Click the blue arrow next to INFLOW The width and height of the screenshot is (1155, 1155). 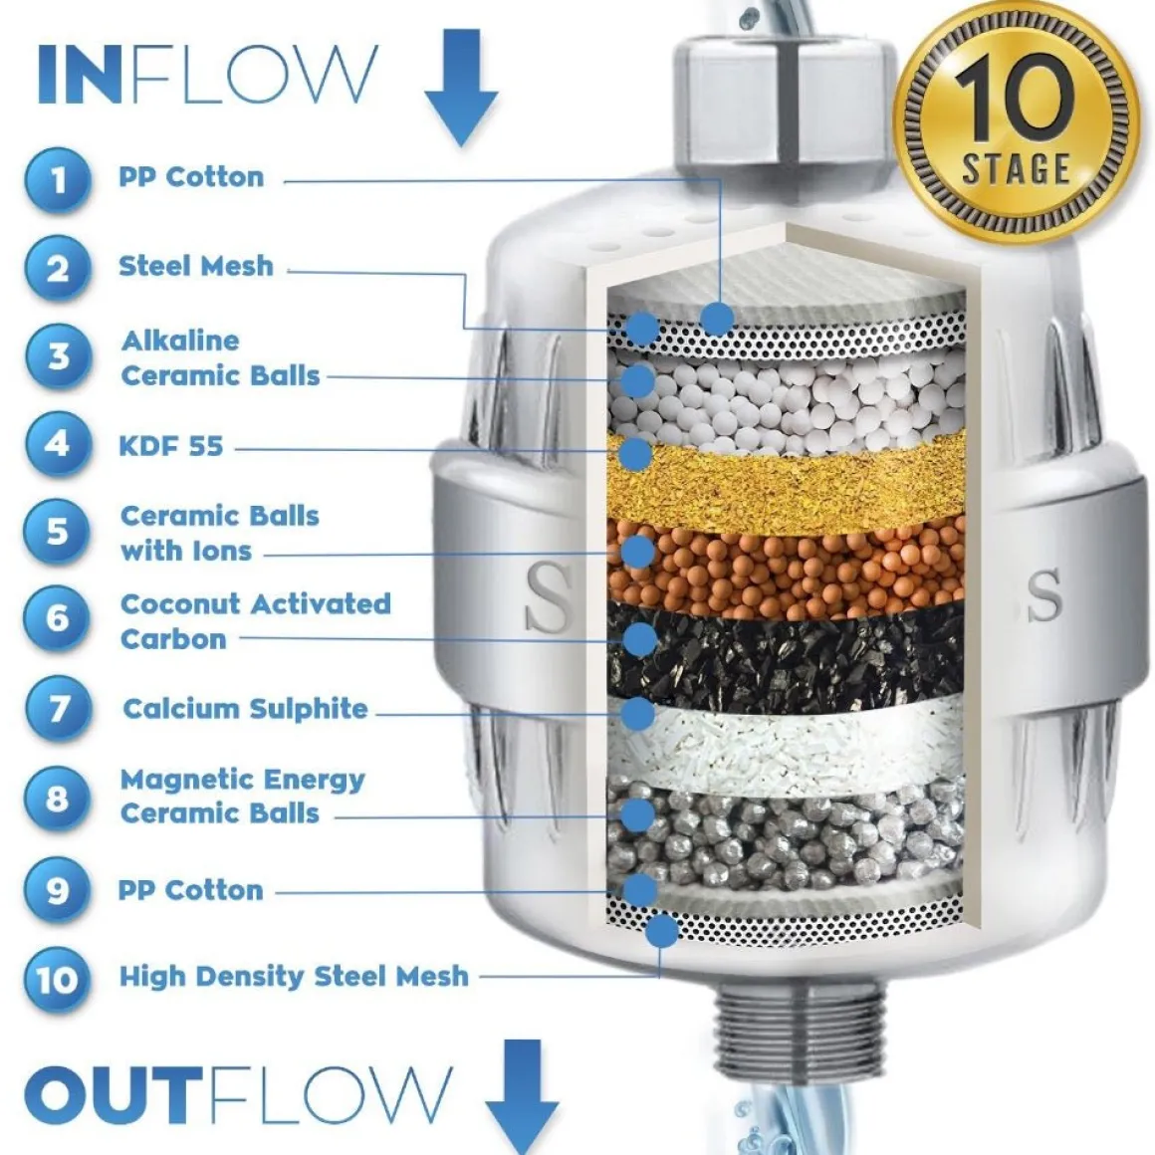coord(461,87)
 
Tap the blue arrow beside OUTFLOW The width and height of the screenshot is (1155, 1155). coord(522,1096)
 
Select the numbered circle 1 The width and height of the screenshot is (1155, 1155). coord(58,180)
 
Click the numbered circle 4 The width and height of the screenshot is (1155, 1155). coord(58,445)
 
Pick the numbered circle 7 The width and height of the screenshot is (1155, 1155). coord(58,709)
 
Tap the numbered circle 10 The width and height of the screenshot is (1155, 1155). coord(58,980)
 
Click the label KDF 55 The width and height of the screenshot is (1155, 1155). coord(171,446)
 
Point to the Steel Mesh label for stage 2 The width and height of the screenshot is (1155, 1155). coord(196,266)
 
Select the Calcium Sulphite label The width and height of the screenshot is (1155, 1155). coord(245,709)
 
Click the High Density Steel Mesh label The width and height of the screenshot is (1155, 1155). coord(294,977)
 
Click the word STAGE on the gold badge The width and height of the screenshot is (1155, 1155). coord(1016,168)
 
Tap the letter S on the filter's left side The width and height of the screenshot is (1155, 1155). coord(548,597)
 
